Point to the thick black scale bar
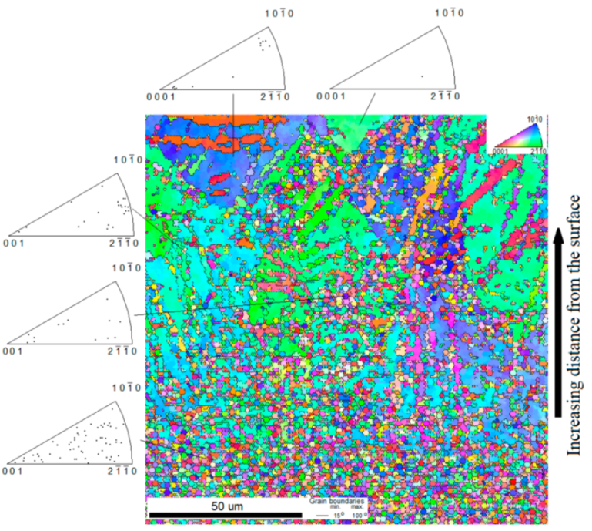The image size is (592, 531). pos(223,514)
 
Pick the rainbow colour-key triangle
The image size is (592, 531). pos(520,134)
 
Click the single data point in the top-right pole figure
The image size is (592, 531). pos(421,76)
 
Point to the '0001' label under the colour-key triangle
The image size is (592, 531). pos(501,149)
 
